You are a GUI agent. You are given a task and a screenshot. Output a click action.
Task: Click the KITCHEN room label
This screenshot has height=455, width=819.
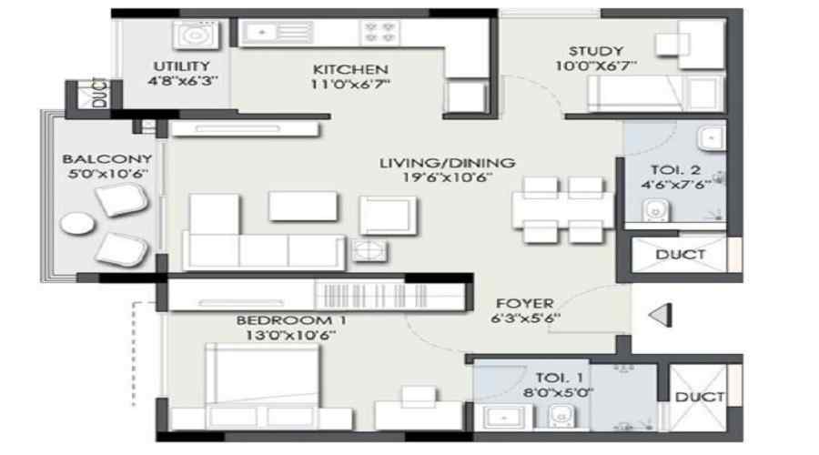[350, 69]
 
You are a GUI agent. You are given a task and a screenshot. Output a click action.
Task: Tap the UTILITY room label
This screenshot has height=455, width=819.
[181, 66]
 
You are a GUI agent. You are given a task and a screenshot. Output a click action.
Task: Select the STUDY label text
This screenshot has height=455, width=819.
[595, 51]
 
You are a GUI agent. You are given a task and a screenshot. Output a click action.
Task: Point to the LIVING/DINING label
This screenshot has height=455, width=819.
[447, 163]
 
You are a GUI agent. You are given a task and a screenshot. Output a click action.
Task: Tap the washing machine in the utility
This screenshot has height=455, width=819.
[192, 35]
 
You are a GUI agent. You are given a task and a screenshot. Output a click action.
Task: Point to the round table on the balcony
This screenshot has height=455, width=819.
[76, 223]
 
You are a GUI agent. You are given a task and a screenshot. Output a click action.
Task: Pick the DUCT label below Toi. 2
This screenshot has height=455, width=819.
[679, 254]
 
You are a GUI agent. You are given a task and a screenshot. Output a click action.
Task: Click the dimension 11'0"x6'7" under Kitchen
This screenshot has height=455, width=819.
[350, 86]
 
